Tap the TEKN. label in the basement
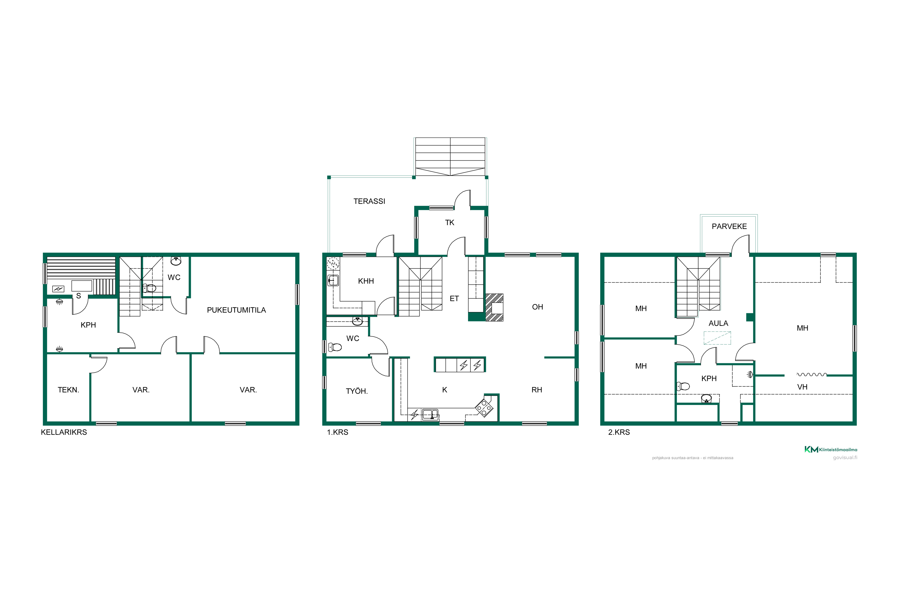click(x=68, y=390)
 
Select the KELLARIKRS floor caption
click(x=64, y=432)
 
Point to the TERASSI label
click(x=369, y=201)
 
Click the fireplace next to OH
click(x=494, y=307)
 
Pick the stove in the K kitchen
click(x=484, y=408)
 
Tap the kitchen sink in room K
click(x=430, y=414)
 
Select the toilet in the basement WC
click(x=150, y=288)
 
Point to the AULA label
click(x=718, y=323)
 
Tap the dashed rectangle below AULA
click(x=717, y=338)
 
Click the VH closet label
click(x=802, y=387)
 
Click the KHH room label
click(x=366, y=281)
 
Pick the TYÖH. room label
click(x=357, y=391)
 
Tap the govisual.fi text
click(x=845, y=458)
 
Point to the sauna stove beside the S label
click(x=58, y=289)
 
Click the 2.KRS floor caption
click(x=619, y=432)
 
